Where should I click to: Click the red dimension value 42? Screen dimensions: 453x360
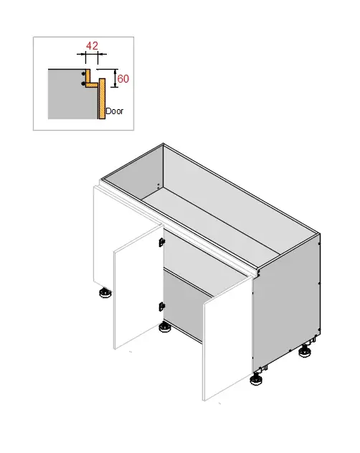pos(92,46)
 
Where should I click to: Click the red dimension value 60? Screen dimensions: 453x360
pos(123,78)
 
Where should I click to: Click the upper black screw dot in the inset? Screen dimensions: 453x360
pos(84,74)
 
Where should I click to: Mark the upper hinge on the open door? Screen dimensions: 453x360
pos(161,242)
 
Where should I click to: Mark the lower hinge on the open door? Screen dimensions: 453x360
pos(161,307)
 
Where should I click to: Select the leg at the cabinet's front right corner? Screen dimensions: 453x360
pos(257,379)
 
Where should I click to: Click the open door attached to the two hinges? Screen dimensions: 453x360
pos(137,291)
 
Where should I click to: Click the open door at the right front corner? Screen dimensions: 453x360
pos(227,345)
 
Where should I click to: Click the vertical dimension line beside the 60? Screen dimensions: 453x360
pos(115,78)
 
